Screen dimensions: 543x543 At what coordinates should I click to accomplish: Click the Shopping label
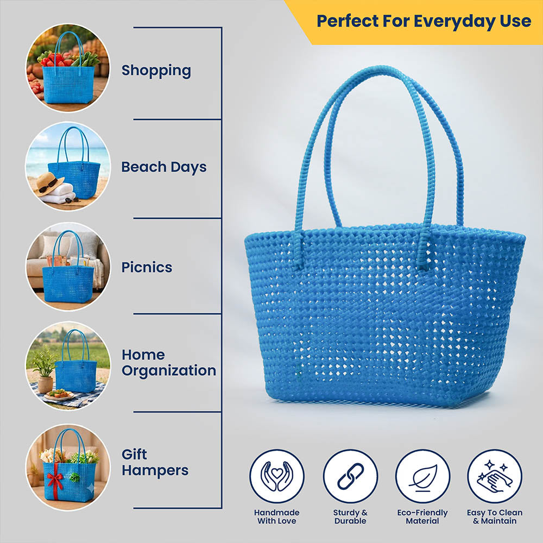pos(156,71)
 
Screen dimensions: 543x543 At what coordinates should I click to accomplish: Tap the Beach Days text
pos(164,167)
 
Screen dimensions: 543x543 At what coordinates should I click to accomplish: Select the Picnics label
pos(147,267)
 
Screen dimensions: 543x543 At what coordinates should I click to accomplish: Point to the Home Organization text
pos(169,363)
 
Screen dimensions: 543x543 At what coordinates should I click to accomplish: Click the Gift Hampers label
pos(155,462)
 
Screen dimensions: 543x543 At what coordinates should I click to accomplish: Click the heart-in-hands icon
pos(277,476)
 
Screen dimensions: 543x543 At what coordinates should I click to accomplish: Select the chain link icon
pos(350,476)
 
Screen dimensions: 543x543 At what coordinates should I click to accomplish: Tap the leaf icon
pos(423,476)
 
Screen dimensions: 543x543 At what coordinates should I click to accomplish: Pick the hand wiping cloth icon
pos(495,476)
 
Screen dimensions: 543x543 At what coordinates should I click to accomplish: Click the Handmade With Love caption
pos(277,517)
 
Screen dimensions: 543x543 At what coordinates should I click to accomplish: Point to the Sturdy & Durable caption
pos(350,517)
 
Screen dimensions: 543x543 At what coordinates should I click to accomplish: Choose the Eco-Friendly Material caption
pos(422,517)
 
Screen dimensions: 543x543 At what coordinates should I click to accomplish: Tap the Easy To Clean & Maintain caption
pos(495,517)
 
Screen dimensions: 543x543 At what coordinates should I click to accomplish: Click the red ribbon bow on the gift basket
pos(55,479)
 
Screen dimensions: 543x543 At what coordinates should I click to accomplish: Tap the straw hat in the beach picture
pos(49,184)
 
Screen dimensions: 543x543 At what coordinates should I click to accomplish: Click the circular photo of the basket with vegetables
pos(68,68)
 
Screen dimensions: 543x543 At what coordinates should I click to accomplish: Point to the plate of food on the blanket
pos(59,395)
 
